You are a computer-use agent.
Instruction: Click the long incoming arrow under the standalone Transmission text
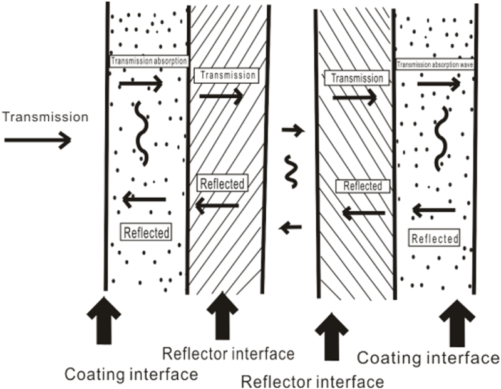click(x=38, y=140)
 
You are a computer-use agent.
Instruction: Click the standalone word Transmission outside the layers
click(x=45, y=117)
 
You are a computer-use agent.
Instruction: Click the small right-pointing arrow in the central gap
click(x=292, y=131)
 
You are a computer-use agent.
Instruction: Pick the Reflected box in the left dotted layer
click(x=145, y=232)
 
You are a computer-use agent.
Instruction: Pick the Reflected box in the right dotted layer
click(x=435, y=238)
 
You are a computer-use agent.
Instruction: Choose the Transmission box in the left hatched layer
click(x=225, y=75)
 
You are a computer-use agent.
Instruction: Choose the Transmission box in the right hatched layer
click(x=356, y=78)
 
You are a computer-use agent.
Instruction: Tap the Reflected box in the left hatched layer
click(x=222, y=184)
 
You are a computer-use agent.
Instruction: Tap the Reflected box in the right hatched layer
click(x=363, y=186)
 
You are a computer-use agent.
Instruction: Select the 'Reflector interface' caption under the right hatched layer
click(x=312, y=381)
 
